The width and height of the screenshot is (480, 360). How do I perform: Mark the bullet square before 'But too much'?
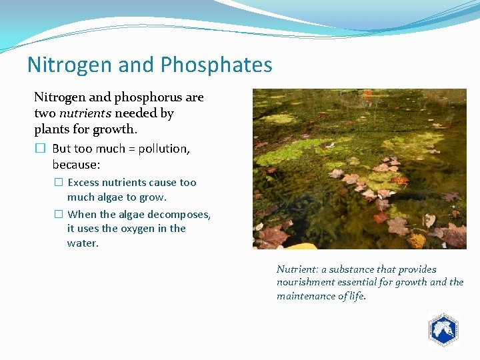pyautogui.click(x=40, y=149)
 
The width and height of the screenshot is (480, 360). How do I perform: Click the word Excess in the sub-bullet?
pyautogui.click(x=83, y=182)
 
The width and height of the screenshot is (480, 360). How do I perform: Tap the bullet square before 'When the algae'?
pyautogui.click(x=58, y=214)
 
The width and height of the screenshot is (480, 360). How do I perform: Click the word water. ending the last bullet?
pyautogui.click(x=83, y=243)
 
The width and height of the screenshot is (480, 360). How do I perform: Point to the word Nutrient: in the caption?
pyautogui.click(x=297, y=269)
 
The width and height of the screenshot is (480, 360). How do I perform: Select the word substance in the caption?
pyautogui.click(x=351, y=269)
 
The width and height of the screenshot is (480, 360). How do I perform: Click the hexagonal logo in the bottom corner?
pyautogui.click(x=443, y=329)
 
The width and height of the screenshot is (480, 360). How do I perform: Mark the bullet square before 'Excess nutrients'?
pyautogui.click(x=58, y=182)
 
